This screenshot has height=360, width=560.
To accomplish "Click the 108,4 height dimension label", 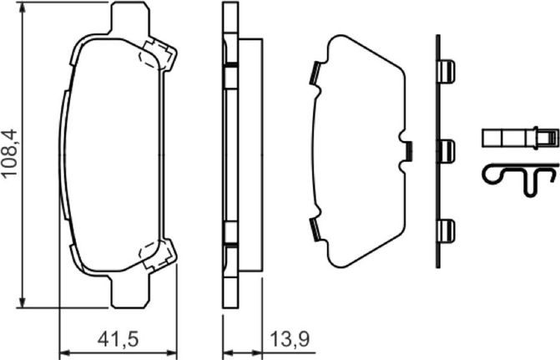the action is pos(10,152).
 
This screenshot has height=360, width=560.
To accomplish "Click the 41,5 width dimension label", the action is pos(118,339).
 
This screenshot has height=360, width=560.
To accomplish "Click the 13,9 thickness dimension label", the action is pos(290,339).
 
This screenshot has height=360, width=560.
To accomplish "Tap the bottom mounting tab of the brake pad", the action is pos(130,292).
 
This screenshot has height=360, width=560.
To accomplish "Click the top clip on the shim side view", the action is pos(446,72).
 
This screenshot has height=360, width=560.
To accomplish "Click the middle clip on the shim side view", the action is pos(446,151).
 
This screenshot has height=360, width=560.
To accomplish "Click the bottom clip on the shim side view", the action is pos(446,231).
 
